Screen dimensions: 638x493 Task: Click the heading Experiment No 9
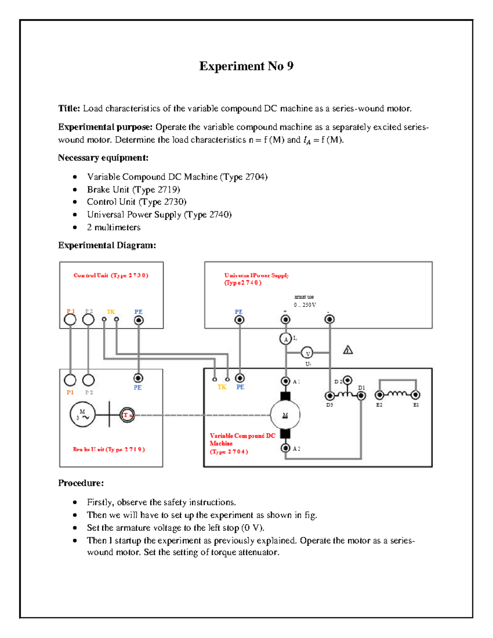246,66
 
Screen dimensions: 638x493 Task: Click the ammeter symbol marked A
286,339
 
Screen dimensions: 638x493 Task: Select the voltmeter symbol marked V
307,353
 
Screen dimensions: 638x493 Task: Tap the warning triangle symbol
348,350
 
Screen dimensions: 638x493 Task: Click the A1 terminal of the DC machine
286,381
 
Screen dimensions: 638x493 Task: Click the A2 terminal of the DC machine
286,448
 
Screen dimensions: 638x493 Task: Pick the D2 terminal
348,380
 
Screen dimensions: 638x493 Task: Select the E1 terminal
416,395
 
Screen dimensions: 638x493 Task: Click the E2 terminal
379,395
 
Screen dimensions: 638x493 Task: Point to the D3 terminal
329,396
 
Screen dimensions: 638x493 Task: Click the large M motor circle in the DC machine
285,415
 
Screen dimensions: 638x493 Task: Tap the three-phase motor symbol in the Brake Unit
83,415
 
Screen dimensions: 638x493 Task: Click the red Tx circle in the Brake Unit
127,415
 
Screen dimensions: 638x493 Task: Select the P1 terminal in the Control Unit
70,320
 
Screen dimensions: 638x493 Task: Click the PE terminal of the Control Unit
139,320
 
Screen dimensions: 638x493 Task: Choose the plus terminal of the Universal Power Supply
286,319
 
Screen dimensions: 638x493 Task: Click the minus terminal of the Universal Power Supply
329,319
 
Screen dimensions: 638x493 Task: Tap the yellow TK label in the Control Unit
111,312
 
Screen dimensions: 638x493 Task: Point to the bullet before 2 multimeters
75,228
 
